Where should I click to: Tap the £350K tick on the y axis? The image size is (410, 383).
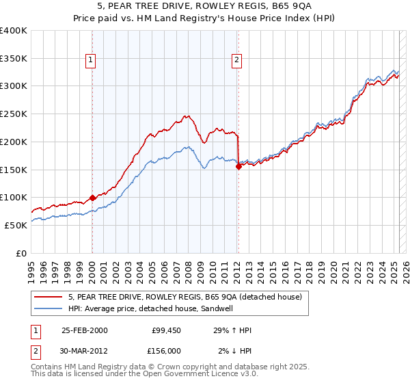14,59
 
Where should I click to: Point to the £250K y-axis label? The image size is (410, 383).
14,114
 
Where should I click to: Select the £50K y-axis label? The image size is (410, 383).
16,225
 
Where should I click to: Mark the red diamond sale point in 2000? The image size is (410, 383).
92,198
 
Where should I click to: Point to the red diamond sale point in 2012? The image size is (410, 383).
238,166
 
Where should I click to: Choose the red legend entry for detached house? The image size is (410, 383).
189,296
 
